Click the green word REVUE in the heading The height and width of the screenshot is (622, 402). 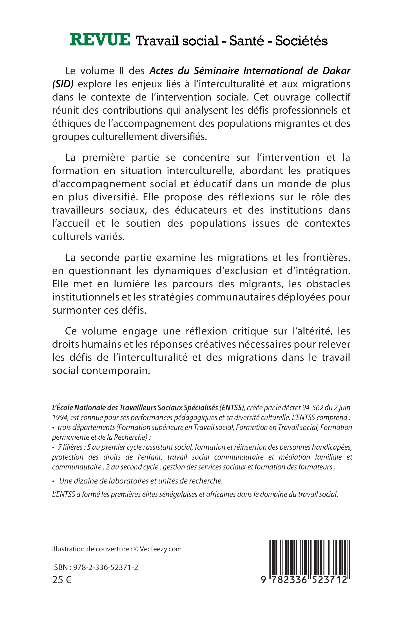point(100,40)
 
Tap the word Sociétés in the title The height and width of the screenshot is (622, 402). point(301,41)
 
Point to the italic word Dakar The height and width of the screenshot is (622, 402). point(337,71)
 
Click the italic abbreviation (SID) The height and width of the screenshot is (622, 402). point(63,84)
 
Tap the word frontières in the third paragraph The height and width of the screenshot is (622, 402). point(326,258)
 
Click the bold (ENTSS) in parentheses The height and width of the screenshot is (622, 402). point(232,408)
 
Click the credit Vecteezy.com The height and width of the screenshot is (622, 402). point(161,549)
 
